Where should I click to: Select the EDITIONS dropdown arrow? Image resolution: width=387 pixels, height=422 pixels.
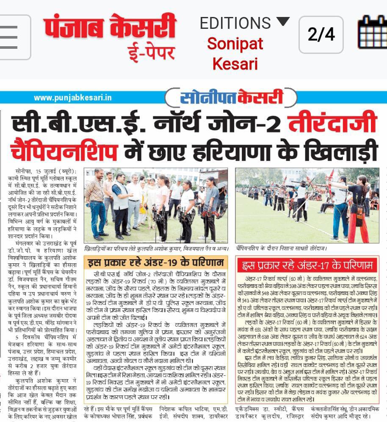(x=282, y=21)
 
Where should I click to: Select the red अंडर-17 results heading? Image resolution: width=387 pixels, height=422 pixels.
(x=307, y=265)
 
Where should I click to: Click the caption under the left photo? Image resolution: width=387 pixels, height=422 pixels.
(x=156, y=248)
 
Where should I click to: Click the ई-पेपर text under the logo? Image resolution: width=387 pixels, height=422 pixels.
(x=152, y=53)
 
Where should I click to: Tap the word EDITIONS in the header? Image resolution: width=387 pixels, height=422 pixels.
(x=235, y=22)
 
